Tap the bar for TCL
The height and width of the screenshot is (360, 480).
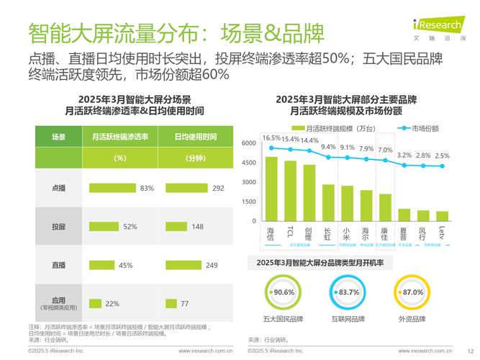tap(290, 191)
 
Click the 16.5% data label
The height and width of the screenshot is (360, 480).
tap(271, 138)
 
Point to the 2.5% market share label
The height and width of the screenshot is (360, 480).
tap(442, 156)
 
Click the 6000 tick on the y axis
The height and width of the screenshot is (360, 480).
tap(248, 143)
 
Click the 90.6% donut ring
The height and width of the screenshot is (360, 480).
tap(279, 292)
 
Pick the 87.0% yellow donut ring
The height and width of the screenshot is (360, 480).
tap(412, 292)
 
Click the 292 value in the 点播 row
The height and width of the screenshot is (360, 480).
tap(219, 188)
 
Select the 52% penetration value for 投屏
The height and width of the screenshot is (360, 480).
tap(130, 227)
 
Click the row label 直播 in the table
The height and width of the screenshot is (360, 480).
tap(59, 265)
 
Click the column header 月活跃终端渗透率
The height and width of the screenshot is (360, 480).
tap(119, 136)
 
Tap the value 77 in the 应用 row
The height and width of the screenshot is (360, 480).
tap(184, 304)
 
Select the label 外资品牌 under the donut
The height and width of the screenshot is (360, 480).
tap(412, 319)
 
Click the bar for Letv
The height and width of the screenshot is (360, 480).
tap(442, 216)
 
